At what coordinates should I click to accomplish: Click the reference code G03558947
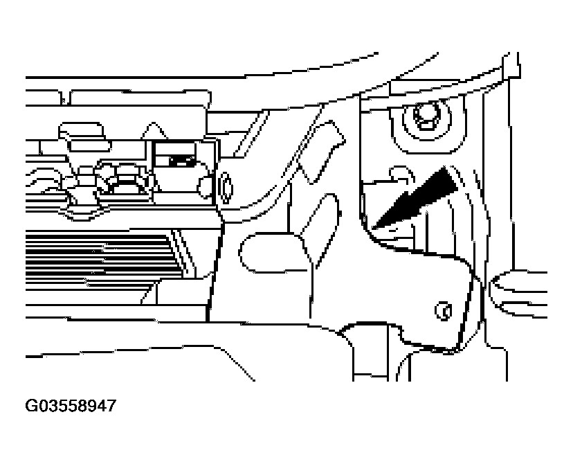[x=71, y=406]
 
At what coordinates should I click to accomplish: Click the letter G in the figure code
[x=30, y=406]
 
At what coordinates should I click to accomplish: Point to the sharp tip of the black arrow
[x=372, y=229]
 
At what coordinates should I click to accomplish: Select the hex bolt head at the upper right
[x=426, y=116]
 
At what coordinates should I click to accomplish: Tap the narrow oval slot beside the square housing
[x=226, y=188]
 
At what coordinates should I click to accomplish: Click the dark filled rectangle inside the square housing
[x=181, y=161]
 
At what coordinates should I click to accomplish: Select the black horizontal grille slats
[x=102, y=259]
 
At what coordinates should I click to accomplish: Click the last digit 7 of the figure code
[x=111, y=406]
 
